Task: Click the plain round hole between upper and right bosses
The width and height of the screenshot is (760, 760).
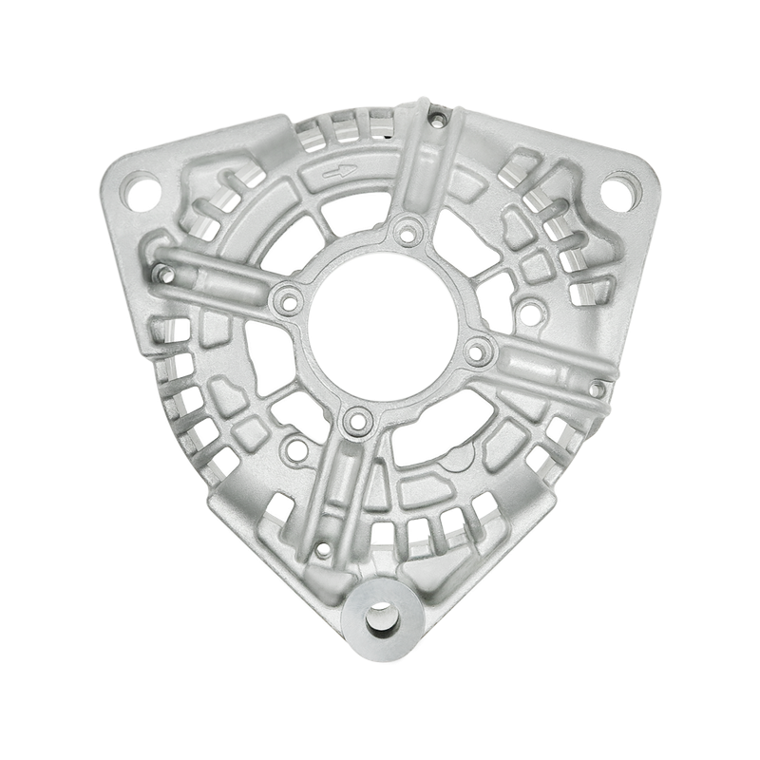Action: (532, 307)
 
